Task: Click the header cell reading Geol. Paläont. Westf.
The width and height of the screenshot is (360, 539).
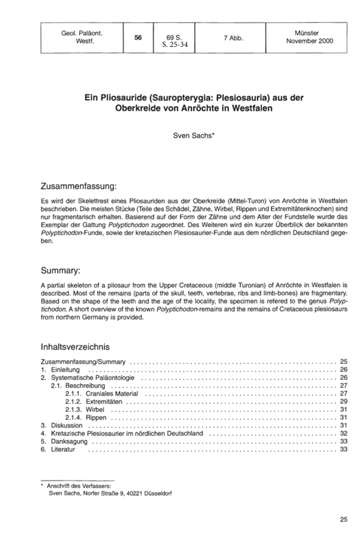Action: (x=76, y=38)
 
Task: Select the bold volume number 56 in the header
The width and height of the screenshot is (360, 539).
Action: (x=138, y=38)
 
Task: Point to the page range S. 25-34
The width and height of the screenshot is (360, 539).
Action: (x=174, y=46)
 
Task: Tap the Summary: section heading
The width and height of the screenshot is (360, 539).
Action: (x=61, y=269)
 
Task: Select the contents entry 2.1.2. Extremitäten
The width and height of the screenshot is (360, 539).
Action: (x=96, y=401)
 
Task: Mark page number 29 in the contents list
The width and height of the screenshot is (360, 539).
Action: (x=344, y=401)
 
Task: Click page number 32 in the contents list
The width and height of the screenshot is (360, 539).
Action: (x=344, y=432)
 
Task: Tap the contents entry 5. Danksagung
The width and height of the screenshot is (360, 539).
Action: (x=61, y=441)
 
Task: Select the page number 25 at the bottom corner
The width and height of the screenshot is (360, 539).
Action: (x=343, y=519)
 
